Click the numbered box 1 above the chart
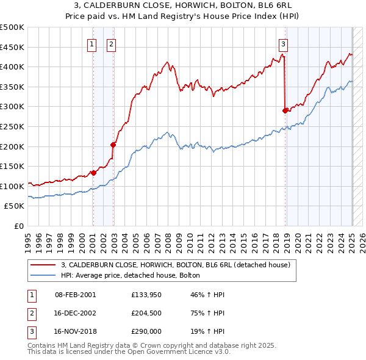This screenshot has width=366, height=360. [x=91, y=43]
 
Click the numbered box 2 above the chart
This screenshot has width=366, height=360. [x=112, y=43]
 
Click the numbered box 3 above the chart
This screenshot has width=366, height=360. [x=284, y=43]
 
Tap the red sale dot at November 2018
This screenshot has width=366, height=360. [x=285, y=110]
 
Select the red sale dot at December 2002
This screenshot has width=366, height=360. [x=113, y=145]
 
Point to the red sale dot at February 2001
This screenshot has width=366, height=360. [x=93, y=173]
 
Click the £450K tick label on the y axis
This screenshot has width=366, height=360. [x=13, y=47]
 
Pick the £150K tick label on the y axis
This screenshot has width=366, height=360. [x=13, y=166]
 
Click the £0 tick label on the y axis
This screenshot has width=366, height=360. [x=18, y=226]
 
